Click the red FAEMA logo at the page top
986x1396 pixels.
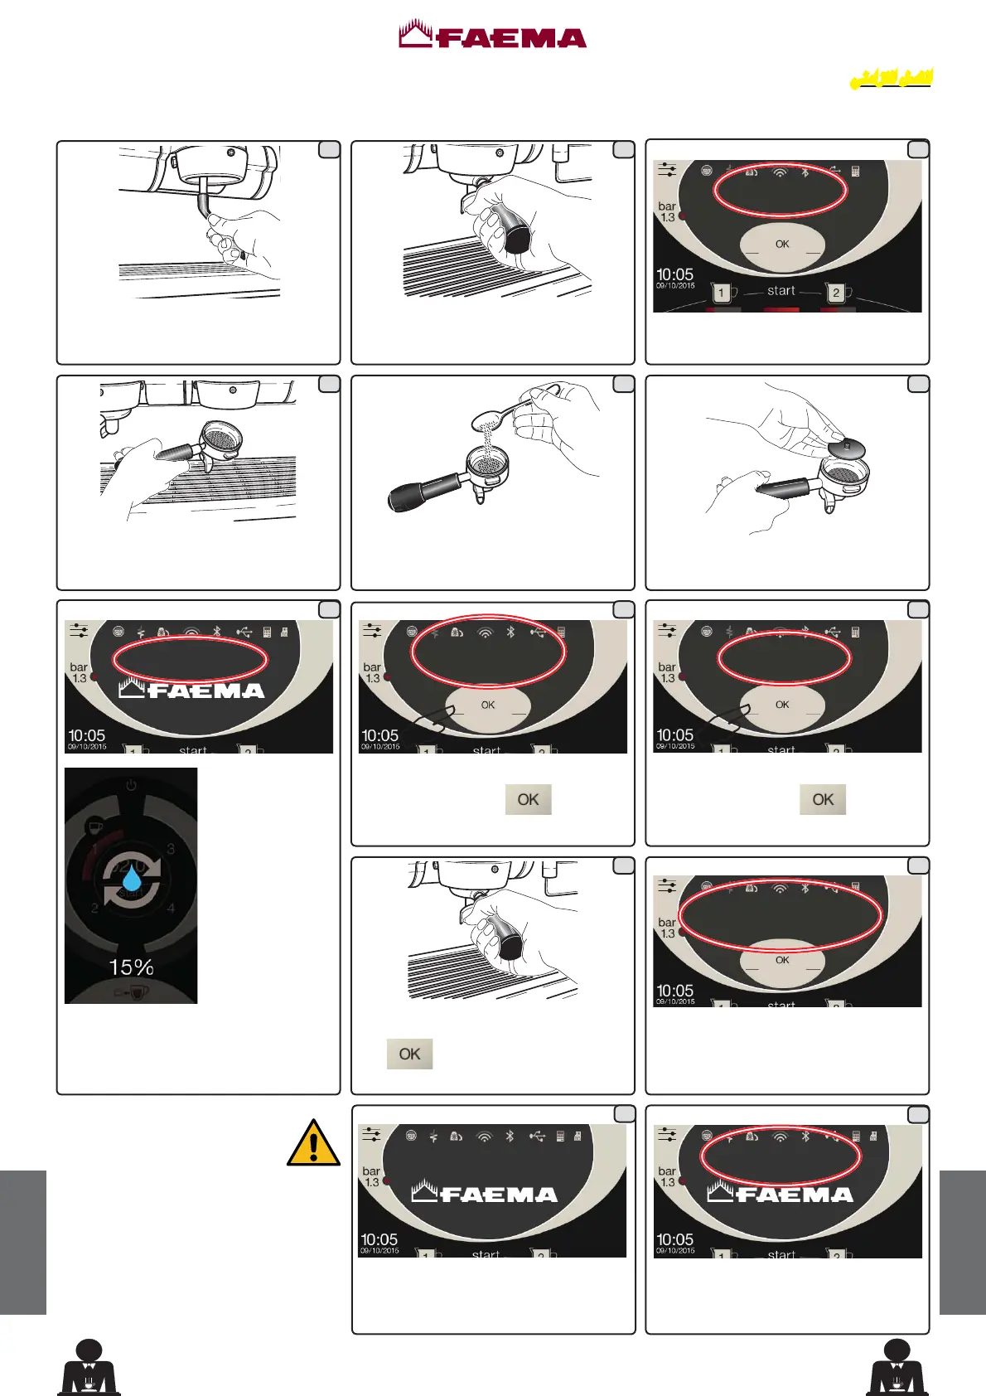coord(492,36)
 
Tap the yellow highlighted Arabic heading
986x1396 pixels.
coord(891,79)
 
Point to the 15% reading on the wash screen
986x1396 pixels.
coord(131,967)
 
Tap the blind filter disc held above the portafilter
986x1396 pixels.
coord(846,448)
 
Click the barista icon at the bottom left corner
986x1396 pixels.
coord(89,1367)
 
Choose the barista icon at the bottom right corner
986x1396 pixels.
coord(897,1367)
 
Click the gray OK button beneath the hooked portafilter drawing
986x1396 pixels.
coord(409,1054)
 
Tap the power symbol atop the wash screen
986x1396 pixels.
coord(131,784)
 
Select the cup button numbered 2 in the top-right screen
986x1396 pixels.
coord(837,293)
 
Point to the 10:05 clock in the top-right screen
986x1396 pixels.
coord(674,274)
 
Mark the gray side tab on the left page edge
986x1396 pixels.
coord(23,1242)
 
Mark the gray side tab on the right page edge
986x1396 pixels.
coord(963,1242)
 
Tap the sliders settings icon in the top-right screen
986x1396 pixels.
coord(667,170)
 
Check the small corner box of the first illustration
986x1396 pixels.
coord(329,150)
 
